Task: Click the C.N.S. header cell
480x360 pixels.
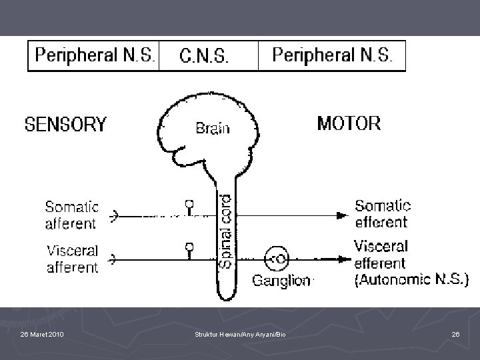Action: (x=204, y=57)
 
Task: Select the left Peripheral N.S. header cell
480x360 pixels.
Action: (x=94, y=55)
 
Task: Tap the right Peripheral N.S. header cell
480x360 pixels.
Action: (x=337, y=55)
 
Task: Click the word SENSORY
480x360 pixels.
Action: (x=65, y=125)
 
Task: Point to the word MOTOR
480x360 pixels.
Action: (x=349, y=123)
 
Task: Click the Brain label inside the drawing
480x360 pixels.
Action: (x=213, y=128)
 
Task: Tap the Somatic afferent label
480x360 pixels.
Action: (x=72, y=215)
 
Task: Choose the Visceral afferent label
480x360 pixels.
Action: (x=72, y=259)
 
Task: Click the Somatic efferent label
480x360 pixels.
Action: (x=382, y=213)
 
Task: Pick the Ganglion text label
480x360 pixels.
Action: (x=281, y=281)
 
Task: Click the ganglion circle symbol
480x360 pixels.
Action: (x=277, y=257)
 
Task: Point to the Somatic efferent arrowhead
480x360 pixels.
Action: (x=342, y=215)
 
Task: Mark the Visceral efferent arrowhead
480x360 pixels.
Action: (x=345, y=258)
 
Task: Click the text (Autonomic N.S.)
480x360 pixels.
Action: (x=413, y=279)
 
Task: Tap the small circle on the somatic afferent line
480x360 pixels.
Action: (x=189, y=204)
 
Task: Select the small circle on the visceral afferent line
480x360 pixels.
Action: (x=189, y=247)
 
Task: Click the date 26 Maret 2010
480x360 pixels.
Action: (x=42, y=333)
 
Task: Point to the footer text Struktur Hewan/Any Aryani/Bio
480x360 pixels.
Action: (x=240, y=333)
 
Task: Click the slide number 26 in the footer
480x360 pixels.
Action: (x=455, y=333)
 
